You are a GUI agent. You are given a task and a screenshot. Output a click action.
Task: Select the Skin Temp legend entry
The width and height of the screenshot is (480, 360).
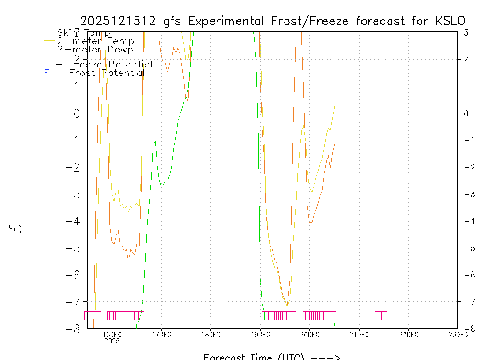(x=83, y=33)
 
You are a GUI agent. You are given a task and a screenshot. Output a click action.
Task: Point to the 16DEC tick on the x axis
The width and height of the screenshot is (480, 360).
(x=112, y=335)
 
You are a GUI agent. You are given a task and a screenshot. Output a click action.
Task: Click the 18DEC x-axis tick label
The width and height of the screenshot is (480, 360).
(x=211, y=335)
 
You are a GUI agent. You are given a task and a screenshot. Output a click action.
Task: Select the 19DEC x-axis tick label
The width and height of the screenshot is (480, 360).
(x=260, y=335)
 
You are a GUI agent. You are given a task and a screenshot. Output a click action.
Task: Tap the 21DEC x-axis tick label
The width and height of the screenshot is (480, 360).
(x=359, y=335)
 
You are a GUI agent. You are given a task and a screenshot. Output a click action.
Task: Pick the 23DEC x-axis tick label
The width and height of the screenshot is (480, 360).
(x=457, y=335)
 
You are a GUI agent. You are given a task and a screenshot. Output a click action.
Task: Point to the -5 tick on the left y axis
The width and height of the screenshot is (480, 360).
(x=75, y=248)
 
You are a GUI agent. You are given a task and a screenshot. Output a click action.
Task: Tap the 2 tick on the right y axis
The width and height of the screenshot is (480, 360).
(x=466, y=59)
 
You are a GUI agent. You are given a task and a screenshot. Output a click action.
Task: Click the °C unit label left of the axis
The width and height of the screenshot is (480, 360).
(x=15, y=230)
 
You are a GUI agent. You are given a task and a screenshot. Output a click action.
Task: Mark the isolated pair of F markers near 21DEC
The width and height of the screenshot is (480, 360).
(x=380, y=315)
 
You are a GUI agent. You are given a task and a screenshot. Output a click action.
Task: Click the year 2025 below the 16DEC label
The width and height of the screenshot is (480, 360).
(x=112, y=341)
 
